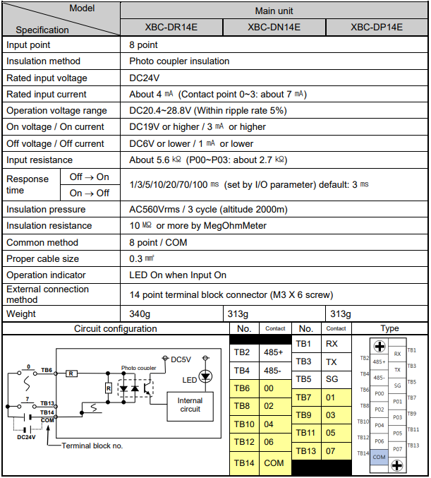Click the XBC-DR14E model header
[171, 28]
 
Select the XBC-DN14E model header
[274, 28]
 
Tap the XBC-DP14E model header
[377, 28]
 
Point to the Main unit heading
[274, 11]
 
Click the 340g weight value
[141, 313]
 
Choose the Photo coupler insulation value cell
[179, 61]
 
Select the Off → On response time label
[90, 177]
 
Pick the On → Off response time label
[90, 193]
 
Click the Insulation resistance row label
[49, 226]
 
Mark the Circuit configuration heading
[116, 328]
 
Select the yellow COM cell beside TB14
[274, 463]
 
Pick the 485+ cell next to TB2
[274, 352]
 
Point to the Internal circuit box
[190, 405]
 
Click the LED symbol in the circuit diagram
[206, 376]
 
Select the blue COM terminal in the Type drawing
[380, 457]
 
